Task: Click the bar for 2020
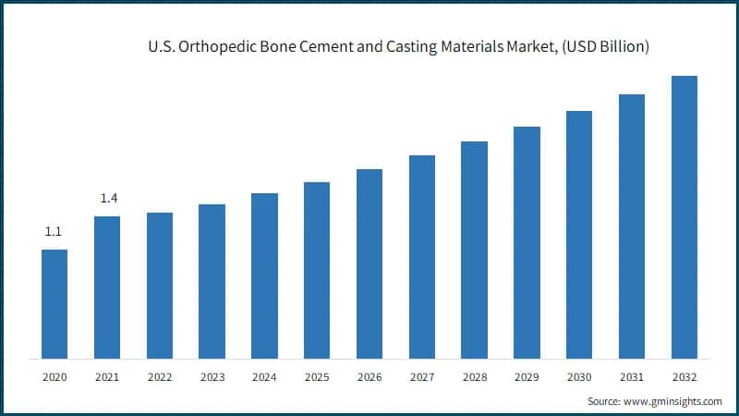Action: click(x=55, y=304)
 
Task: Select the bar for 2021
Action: click(x=107, y=288)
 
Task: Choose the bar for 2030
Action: click(x=579, y=235)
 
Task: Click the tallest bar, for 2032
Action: click(x=684, y=217)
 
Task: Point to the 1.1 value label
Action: click(x=55, y=232)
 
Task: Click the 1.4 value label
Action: click(x=108, y=199)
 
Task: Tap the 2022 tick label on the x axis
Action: click(x=160, y=377)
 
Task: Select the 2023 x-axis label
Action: click(x=212, y=377)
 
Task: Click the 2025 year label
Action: click(x=317, y=377)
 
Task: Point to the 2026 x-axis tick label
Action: click(x=369, y=377)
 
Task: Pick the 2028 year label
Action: click(x=474, y=377)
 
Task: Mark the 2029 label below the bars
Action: click(x=527, y=377)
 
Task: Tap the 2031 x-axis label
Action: click(x=632, y=377)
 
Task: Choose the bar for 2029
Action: click(x=527, y=242)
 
